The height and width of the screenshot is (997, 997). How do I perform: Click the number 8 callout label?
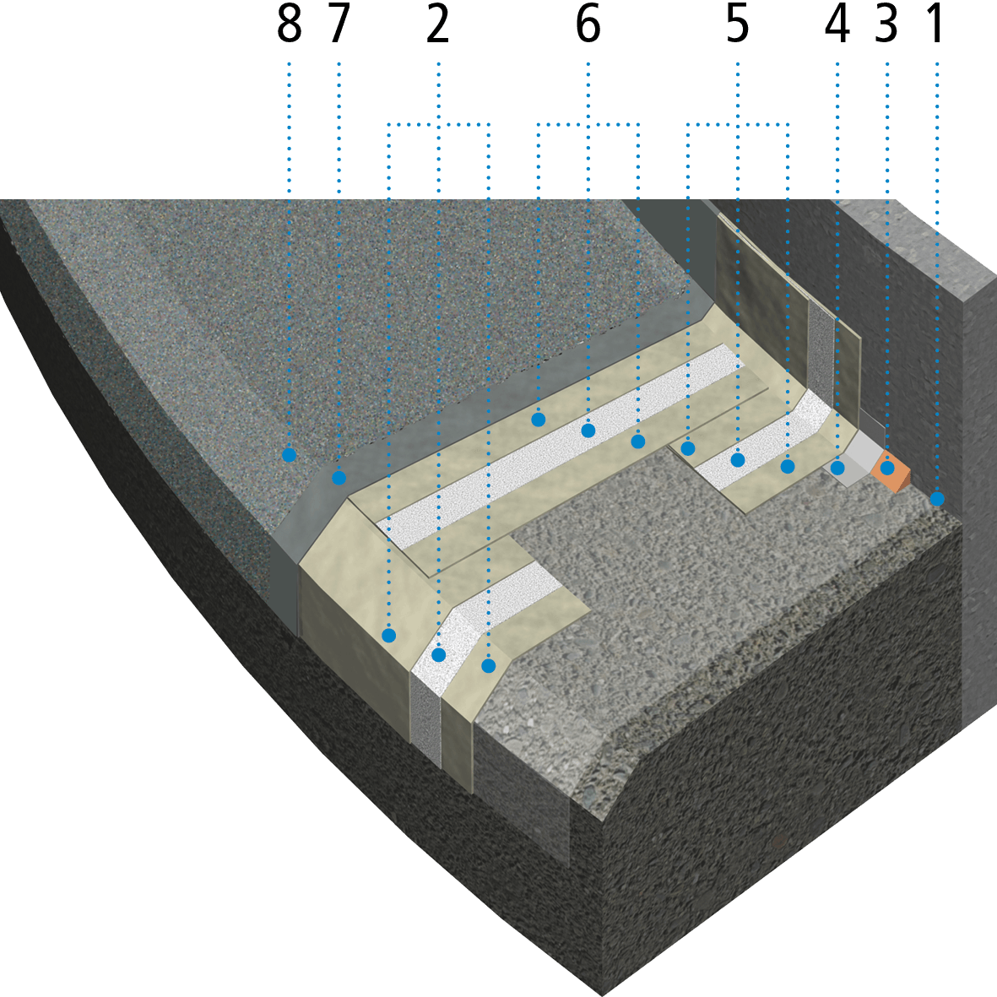[x=289, y=26]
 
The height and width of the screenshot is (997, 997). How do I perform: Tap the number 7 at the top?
[x=338, y=26]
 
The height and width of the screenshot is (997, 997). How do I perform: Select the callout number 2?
[x=437, y=26]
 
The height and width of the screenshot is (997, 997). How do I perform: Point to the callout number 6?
[x=588, y=26]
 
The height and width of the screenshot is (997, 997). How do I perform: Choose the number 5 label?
[x=737, y=26]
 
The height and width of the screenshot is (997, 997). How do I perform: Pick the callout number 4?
[x=837, y=26]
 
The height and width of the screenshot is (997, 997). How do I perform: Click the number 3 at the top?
[x=886, y=26]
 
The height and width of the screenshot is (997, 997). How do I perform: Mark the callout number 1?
[x=935, y=26]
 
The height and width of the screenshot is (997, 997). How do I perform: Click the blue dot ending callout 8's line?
[x=289, y=455]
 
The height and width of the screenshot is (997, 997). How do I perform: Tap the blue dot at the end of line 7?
[x=339, y=478]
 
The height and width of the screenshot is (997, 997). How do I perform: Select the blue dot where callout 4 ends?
[x=837, y=467]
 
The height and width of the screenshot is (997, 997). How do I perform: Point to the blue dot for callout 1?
[x=936, y=500]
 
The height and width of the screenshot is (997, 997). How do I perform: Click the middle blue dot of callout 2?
[x=438, y=654]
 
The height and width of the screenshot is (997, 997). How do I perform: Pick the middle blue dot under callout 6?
[x=588, y=431]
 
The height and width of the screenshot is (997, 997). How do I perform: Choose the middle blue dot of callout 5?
[x=738, y=460]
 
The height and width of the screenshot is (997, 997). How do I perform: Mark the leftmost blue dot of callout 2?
[x=388, y=635]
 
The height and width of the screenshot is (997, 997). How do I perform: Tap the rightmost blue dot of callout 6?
[x=638, y=442]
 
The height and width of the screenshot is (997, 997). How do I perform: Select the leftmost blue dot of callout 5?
[x=688, y=448]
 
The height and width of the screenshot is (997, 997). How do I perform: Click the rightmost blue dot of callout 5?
[x=788, y=466]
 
